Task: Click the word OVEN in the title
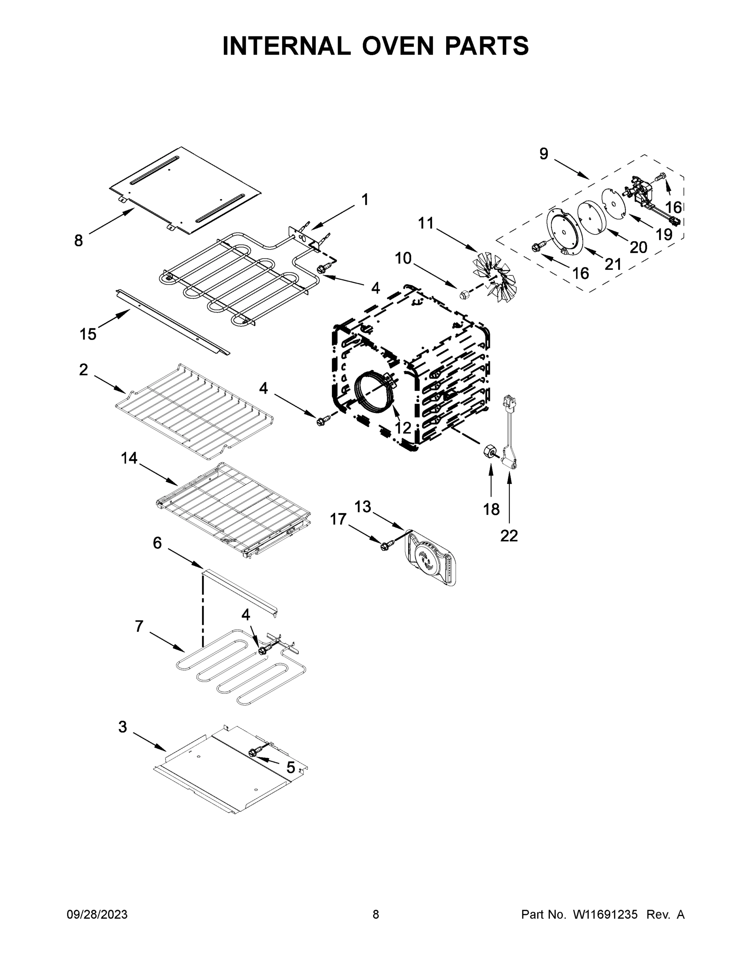click(x=397, y=46)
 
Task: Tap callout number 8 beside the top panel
click(x=78, y=241)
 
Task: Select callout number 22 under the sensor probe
click(x=509, y=535)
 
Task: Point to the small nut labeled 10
click(x=464, y=294)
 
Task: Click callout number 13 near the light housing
click(x=363, y=507)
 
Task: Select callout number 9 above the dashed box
click(x=544, y=154)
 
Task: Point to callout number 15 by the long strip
click(x=87, y=334)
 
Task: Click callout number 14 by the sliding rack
click(x=129, y=458)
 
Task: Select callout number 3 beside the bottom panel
click(x=122, y=727)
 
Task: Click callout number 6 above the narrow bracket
click(x=157, y=543)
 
